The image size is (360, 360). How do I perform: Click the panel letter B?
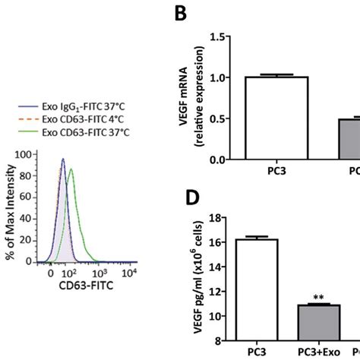[x=182, y=13]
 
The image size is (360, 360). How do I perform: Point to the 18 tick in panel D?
[x=222, y=219]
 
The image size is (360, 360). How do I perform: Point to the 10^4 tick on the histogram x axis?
[x=131, y=272]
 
